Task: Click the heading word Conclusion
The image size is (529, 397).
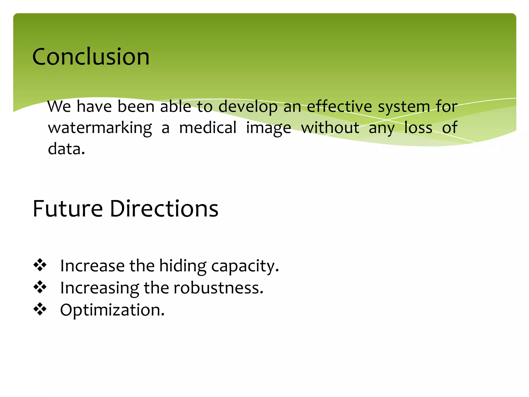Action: (x=91, y=57)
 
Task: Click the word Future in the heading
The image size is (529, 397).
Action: (x=68, y=209)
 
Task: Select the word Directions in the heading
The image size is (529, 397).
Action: (x=164, y=209)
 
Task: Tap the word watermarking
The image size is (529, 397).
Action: (x=100, y=128)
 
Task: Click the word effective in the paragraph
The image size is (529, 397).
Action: (x=339, y=106)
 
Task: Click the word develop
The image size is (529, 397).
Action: (x=248, y=107)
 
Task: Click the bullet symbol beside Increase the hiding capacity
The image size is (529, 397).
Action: (x=40, y=265)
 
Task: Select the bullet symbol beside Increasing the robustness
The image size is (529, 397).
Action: (x=40, y=287)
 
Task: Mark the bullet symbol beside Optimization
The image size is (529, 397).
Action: (x=40, y=309)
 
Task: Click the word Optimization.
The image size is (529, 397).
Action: (x=112, y=310)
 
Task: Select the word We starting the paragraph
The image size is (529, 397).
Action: (x=59, y=106)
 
